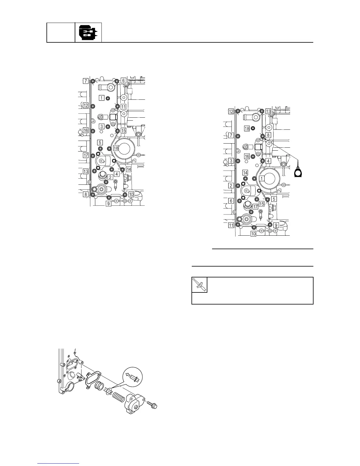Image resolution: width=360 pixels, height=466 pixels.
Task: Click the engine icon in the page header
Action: pos(88,32)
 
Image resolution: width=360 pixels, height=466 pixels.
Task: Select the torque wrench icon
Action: pos(199,285)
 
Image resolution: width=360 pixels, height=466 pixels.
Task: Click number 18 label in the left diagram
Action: pos(116,148)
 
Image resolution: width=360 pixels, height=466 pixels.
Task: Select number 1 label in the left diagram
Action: pos(101,98)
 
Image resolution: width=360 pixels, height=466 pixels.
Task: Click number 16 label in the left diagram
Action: pos(86,130)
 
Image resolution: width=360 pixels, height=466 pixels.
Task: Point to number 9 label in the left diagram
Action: pos(109,203)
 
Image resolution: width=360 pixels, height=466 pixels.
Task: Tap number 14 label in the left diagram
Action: pos(129,169)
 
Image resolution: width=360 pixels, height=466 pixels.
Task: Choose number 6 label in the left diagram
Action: pos(124,80)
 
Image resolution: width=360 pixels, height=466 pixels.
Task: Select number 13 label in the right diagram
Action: pos(268,111)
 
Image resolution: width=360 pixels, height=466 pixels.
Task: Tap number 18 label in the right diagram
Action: pos(247,129)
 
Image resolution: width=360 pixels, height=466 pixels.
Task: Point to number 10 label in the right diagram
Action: pos(253,234)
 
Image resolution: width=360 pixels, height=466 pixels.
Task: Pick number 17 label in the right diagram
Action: pos(255,207)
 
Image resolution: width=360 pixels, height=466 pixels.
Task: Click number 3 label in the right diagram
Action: pos(232,161)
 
